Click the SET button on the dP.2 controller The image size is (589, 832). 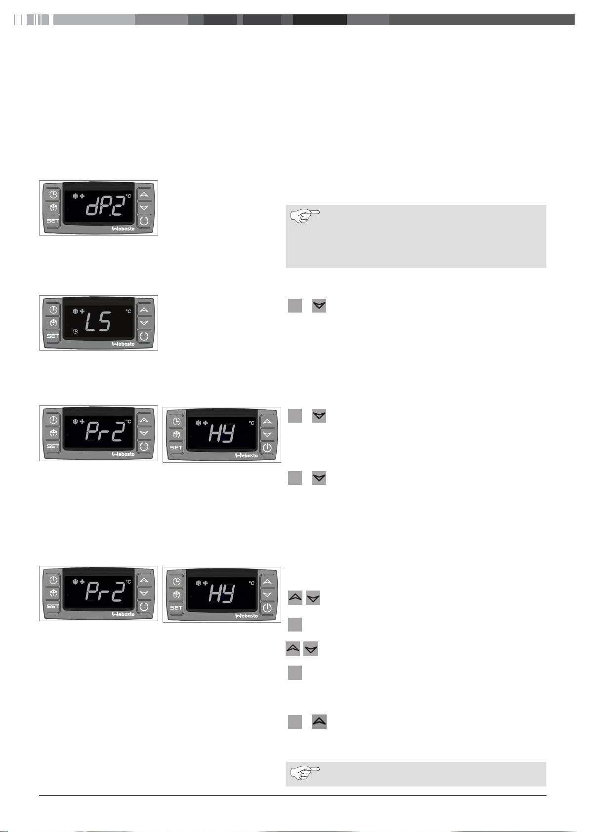pyautogui.click(x=53, y=221)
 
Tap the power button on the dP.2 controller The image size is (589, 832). pyautogui.click(x=144, y=221)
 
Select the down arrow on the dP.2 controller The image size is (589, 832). pyautogui.click(x=144, y=207)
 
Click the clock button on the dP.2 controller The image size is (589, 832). pyautogui.click(x=53, y=194)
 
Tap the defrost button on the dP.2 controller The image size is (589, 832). pyautogui.click(x=53, y=207)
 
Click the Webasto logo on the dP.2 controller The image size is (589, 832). pyautogui.click(x=124, y=229)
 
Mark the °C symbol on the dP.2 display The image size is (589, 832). pyautogui.click(x=128, y=196)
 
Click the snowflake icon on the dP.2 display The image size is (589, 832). pyautogui.click(x=75, y=196)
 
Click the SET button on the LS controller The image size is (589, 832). pyautogui.click(x=53, y=336)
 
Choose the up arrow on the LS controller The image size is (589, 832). pyautogui.click(x=144, y=310)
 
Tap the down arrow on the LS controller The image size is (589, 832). pyautogui.click(x=144, y=323)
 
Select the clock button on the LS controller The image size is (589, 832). pyautogui.click(x=53, y=310)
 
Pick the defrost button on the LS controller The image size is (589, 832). pyautogui.click(x=53, y=322)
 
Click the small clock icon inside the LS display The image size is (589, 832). pyautogui.click(x=76, y=331)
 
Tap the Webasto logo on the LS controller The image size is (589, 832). pyautogui.click(x=124, y=344)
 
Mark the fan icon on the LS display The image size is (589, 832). pyautogui.click(x=82, y=311)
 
